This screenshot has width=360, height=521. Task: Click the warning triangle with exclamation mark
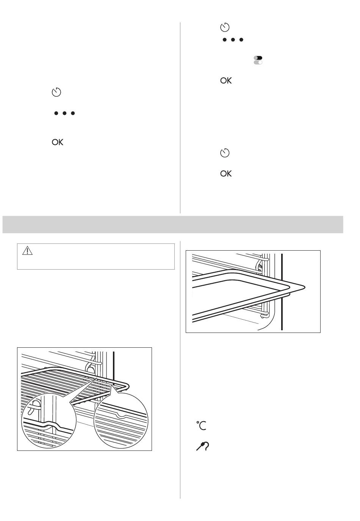point(27,251)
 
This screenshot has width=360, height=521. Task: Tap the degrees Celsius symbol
point(201,426)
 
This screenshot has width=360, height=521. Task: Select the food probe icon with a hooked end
point(202,447)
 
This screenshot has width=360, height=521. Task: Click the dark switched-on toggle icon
point(258,58)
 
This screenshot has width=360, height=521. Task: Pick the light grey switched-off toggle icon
point(258,62)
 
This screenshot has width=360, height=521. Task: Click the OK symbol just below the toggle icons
point(226,81)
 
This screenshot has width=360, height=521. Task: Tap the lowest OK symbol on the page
point(226,174)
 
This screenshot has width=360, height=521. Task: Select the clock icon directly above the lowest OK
point(225,153)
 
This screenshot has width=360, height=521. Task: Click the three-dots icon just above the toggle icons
point(233,40)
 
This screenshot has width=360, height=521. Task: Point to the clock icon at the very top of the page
point(225,27)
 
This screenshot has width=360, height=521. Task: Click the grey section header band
point(173,224)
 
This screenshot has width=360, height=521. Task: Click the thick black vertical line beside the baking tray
point(282,292)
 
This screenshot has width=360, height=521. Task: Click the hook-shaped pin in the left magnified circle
point(33,408)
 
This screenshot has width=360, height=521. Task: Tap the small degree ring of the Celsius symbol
point(198,422)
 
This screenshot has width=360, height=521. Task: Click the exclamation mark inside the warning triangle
point(27,251)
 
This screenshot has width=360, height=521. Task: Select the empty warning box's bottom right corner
point(175,269)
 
